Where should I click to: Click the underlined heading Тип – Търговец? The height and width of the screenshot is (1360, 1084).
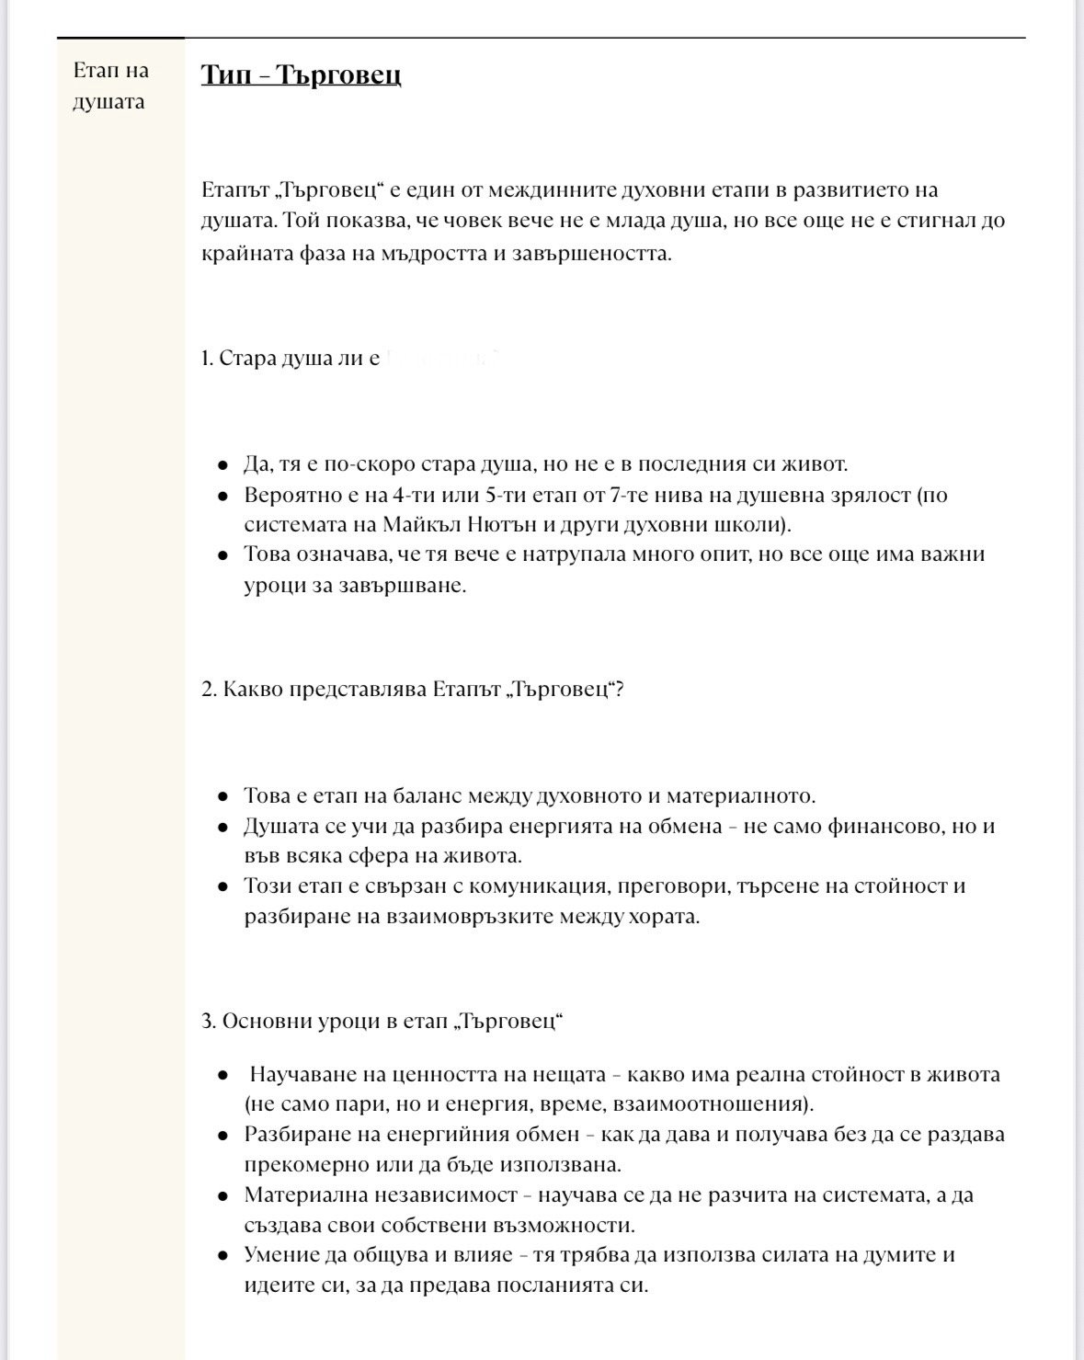[x=301, y=74]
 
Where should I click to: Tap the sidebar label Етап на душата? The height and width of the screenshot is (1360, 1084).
[x=109, y=86]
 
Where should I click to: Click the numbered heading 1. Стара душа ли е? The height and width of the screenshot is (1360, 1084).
[x=291, y=358]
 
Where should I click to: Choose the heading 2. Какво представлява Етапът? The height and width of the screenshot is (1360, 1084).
[x=413, y=689]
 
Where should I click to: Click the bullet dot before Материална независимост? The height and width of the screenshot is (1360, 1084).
[x=223, y=1196]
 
